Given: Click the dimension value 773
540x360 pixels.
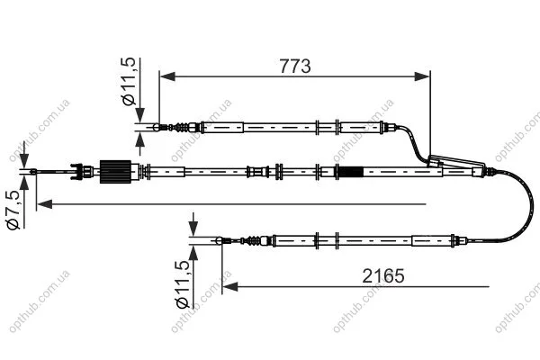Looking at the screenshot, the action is point(295,66).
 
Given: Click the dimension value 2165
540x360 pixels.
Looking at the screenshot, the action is point(383,275).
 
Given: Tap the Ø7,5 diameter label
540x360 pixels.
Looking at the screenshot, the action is point(13,210).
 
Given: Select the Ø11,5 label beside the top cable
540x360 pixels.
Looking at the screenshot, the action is point(129,81).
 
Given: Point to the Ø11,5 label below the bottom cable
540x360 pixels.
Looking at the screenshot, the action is point(183,284).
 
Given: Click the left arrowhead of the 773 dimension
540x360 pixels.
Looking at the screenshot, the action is point(167,76).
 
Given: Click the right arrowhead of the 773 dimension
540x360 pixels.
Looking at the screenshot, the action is point(422,76).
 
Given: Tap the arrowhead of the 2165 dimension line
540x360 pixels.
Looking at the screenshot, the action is point(230,286).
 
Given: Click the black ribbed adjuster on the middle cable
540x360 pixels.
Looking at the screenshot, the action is point(115,172).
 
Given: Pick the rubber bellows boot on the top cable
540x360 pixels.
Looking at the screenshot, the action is point(182,128).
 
